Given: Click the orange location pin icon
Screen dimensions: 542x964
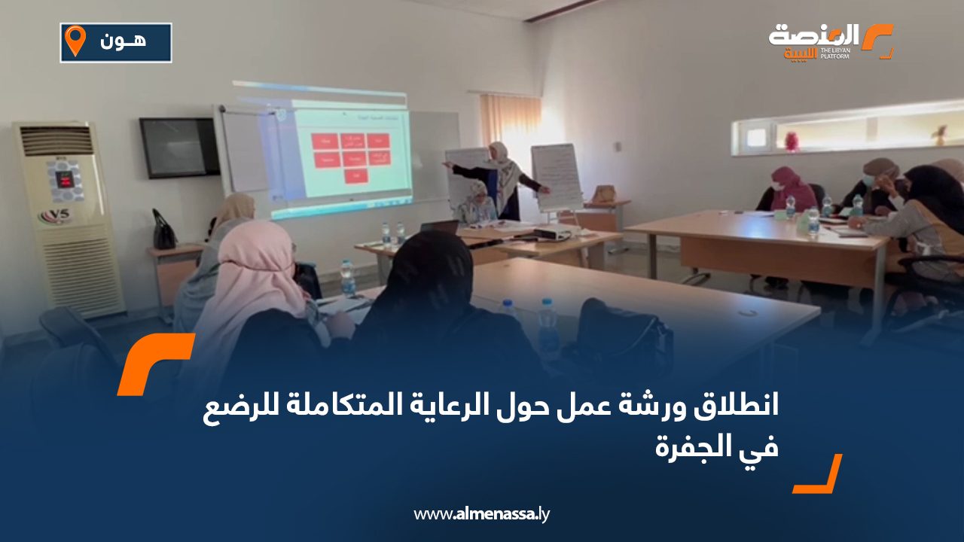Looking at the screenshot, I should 75,41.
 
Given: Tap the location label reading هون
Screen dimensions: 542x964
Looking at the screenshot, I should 123,42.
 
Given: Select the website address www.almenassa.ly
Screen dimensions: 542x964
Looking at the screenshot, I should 482,514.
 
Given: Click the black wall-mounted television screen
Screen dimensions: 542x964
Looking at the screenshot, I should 178,148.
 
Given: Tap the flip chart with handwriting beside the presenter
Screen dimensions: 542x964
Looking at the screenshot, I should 557,176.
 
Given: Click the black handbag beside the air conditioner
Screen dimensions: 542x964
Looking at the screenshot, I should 163,232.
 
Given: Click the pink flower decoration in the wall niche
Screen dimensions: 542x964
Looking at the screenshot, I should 791,141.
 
